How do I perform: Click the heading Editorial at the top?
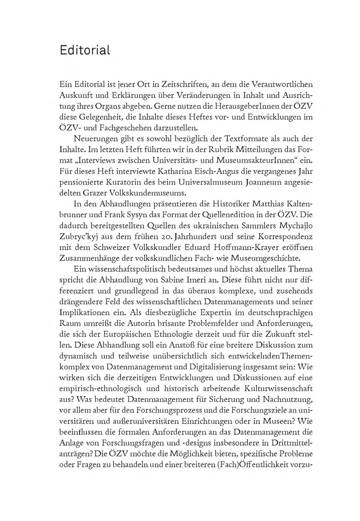[85, 50]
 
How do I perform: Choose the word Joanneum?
[264, 182]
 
